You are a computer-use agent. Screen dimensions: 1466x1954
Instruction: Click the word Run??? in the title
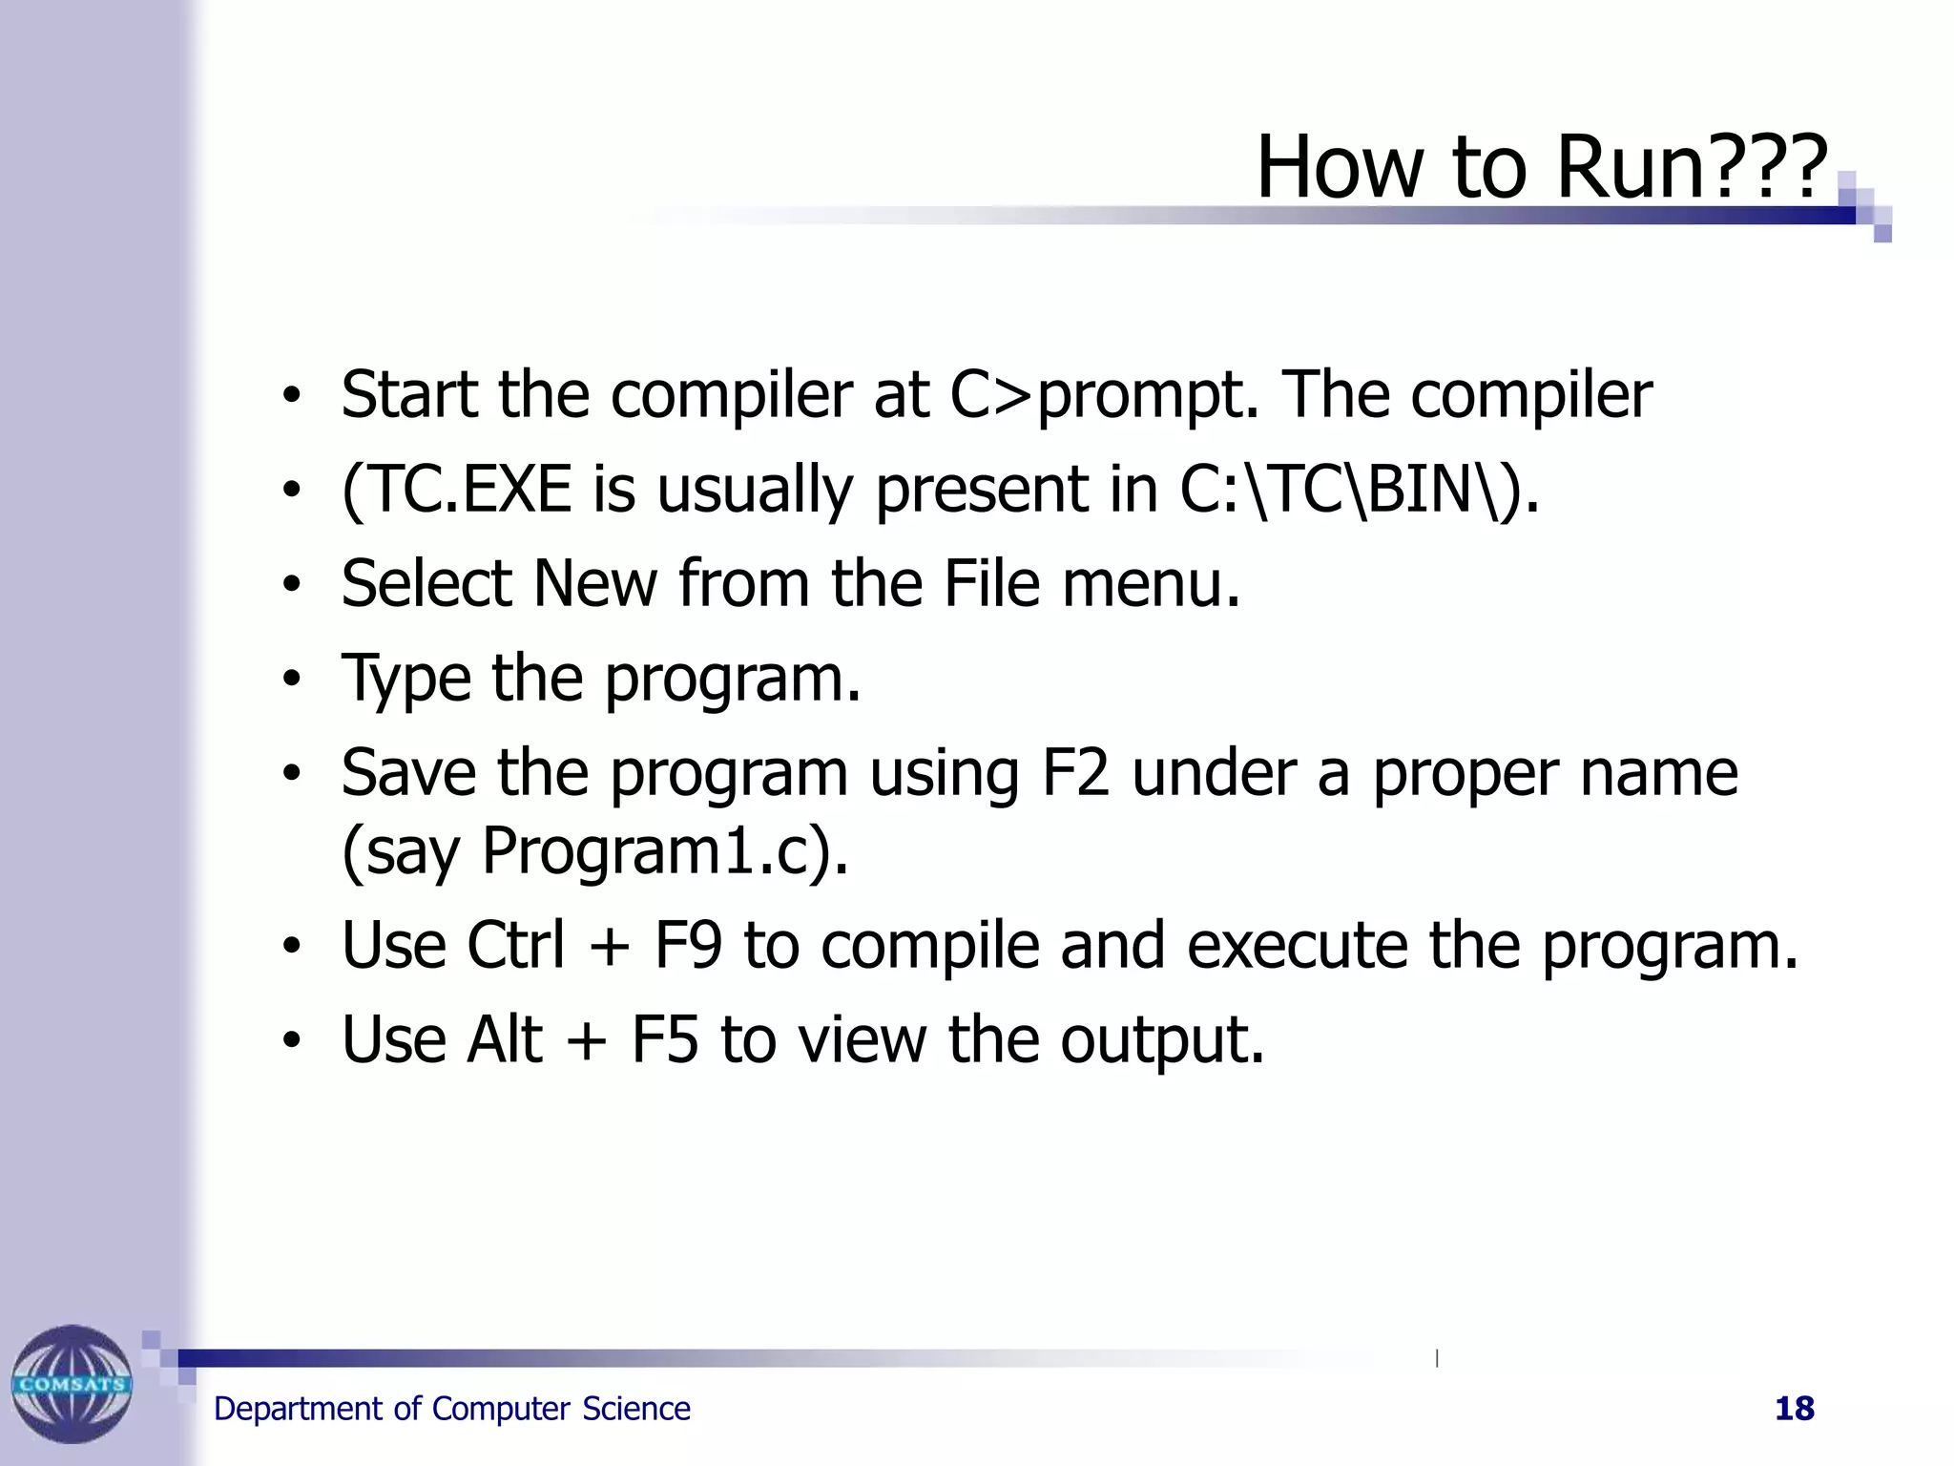point(1691,167)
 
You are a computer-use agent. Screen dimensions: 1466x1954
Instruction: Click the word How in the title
point(1343,167)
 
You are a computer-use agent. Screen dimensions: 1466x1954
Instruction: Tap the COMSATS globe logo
point(72,1383)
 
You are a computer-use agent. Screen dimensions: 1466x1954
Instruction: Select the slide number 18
point(1794,1409)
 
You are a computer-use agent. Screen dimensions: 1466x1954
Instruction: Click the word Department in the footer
point(298,1409)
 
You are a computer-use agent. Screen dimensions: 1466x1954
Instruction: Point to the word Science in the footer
point(636,1409)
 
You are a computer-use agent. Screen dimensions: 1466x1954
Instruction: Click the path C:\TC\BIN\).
point(1359,490)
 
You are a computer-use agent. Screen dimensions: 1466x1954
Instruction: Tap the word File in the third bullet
point(991,584)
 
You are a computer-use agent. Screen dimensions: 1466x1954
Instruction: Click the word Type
point(406,680)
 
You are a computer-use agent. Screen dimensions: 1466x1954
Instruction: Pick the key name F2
point(1075,773)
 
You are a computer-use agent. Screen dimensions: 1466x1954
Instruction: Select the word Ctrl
point(516,945)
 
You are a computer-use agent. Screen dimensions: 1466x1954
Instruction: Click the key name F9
point(688,945)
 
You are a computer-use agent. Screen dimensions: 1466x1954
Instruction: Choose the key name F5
point(665,1039)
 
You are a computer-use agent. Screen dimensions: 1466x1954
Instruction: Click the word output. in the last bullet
point(1162,1041)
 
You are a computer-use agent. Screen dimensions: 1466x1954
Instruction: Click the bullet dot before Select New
point(291,584)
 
